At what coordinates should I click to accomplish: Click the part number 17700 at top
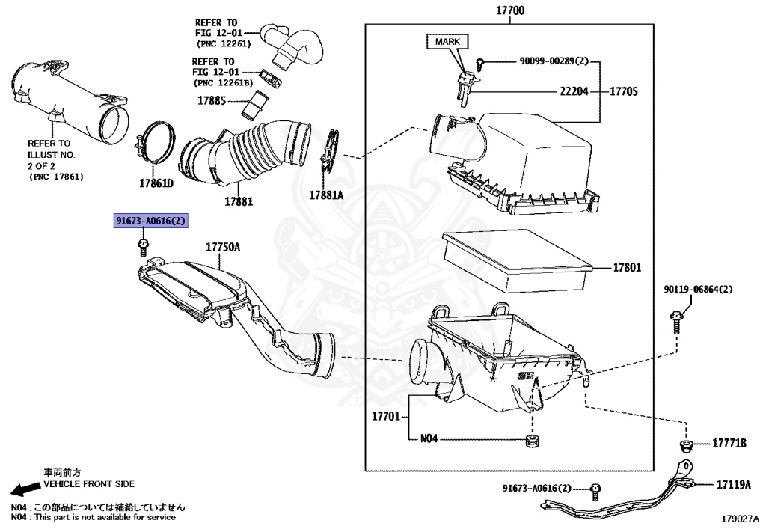509,11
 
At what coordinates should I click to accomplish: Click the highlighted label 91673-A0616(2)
150,221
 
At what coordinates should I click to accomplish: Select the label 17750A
223,247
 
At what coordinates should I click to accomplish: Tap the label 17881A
326,195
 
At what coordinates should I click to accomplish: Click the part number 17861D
156,183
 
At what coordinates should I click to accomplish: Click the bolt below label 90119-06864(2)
675,325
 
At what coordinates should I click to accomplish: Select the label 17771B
729,444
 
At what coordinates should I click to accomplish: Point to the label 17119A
733,484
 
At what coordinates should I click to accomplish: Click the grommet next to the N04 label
532,441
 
